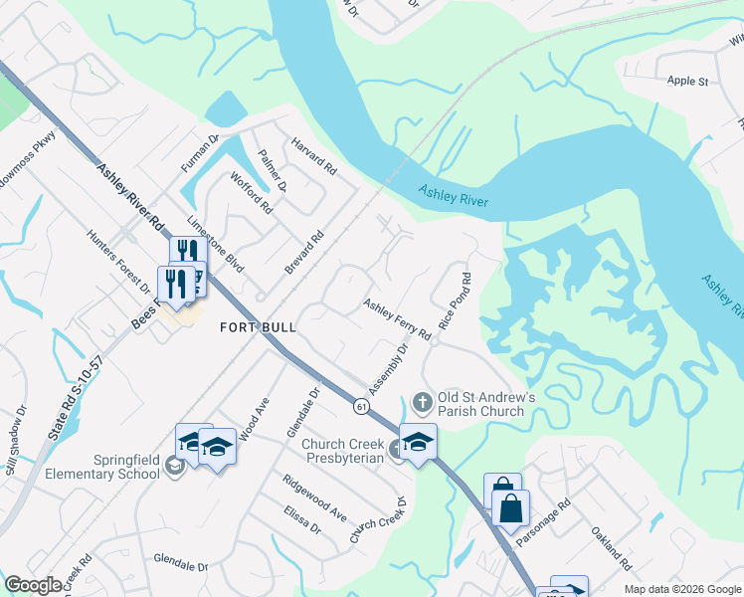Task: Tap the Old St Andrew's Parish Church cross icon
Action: [x=422, y=402]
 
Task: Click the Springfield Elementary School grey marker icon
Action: [x=174, y=466]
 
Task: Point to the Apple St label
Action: [x=687, y=81]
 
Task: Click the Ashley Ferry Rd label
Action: [x=397, y=319]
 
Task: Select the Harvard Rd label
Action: [x=314, y=158]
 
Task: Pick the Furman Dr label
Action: [x=198, y=156]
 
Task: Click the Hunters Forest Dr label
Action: [x=119, y=258]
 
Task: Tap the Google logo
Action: [x=33, y=585]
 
